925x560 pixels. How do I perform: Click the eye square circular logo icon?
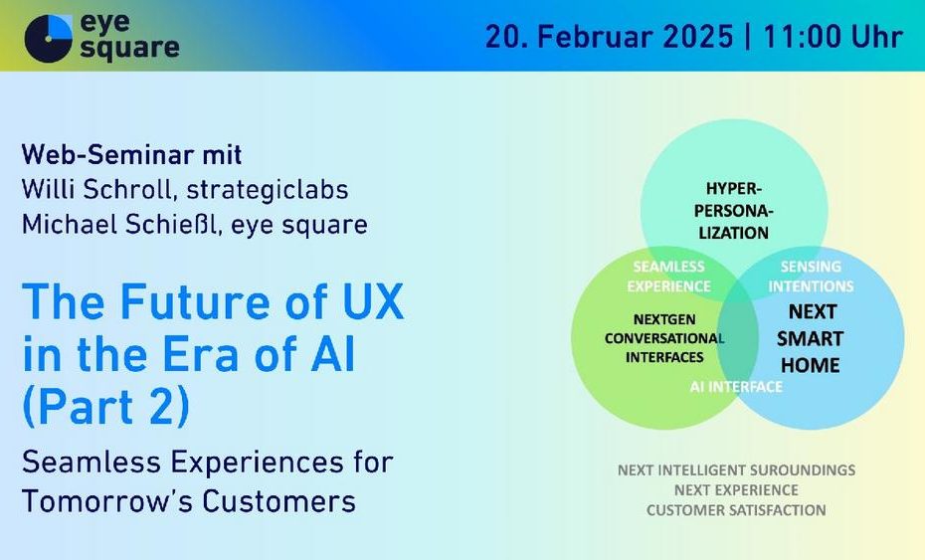(49, 39)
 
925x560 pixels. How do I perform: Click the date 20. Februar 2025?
(610, 37)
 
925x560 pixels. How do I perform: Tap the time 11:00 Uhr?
(832, 37)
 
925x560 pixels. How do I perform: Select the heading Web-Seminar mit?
(131, 155)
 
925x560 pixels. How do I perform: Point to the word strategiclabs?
(268, 190)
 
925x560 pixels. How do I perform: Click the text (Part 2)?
(106, 406)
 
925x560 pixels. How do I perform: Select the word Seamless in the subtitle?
(92, 462)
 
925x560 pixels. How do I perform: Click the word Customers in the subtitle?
(279, 501)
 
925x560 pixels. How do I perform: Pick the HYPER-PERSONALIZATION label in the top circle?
(734, 211)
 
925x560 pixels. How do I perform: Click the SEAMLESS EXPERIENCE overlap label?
(669, 277)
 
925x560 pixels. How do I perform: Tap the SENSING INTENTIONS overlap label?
(811, 277)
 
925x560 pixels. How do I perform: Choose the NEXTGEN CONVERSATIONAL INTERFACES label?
(664, 338)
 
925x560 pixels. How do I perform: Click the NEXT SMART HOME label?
(811, 338)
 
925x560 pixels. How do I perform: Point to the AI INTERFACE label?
(736, 387)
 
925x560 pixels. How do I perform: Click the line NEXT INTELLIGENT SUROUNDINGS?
(736, 470)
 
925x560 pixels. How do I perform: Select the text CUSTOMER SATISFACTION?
(736, 510)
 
